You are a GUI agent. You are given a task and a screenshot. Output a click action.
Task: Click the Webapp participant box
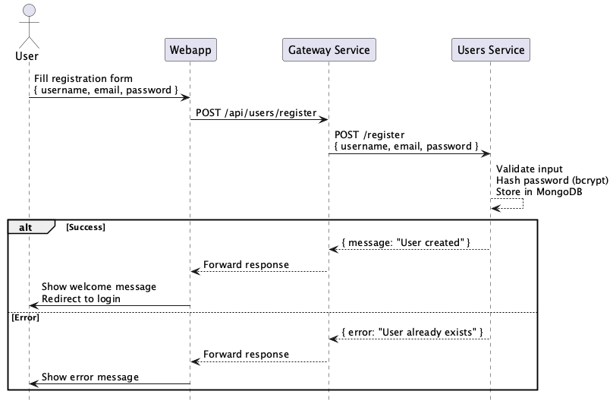[x=190, y=51]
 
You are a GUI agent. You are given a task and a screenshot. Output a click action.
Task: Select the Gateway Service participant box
[x=329, y=51]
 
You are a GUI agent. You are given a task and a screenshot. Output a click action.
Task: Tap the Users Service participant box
[x=490, y=51]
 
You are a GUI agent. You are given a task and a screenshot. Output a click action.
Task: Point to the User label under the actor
[x=27, y=56]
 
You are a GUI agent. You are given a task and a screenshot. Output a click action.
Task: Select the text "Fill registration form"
[x=83, y=78]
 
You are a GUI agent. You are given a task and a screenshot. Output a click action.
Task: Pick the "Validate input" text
[x=530, y=169]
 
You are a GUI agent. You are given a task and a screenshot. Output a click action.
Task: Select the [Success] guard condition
[x=85, y=226]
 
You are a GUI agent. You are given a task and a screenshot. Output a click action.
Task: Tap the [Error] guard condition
[x=25, y=317]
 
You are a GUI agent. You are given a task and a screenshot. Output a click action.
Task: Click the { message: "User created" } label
[x=406, y=242]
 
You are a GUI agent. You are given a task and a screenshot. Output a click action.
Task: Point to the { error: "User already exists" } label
[x=413, y=332]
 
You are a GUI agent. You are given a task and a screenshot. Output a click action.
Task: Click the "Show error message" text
[x=90, y=377]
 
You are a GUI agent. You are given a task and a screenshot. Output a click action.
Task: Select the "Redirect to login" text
[x=81, y=298]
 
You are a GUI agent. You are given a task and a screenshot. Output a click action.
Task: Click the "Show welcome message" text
[x=99, y=287]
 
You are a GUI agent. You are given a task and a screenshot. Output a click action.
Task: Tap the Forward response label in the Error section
[x=246, y=354]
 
